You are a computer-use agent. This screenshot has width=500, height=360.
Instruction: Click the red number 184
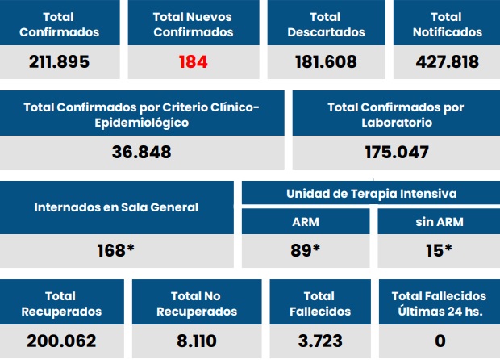[191, 61]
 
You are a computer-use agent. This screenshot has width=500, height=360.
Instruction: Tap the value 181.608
[327, 61]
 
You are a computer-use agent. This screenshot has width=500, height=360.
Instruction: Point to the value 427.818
[447, 61]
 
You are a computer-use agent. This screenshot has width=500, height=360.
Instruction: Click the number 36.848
[142, 152]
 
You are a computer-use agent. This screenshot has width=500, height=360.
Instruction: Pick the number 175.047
[396, 152]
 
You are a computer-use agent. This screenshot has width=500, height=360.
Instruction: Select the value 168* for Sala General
[115, 250]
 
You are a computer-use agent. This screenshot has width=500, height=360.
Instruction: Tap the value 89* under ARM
[306, 250]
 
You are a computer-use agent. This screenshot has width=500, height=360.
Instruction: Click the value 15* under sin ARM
[439, 250]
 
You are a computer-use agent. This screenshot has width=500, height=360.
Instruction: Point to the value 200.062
[62, 341]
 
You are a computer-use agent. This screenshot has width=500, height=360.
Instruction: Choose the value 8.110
[196, 341]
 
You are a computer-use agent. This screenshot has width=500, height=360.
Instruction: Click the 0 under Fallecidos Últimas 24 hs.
[440, 341]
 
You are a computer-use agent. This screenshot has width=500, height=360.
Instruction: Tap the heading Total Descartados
[327, 24]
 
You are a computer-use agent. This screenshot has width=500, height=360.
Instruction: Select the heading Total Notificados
[447, 24]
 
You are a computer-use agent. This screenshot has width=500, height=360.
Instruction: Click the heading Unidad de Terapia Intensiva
[371, 194]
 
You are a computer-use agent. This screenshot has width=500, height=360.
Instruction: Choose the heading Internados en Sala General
[116, 207]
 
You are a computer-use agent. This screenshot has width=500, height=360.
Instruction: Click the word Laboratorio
[396, 123]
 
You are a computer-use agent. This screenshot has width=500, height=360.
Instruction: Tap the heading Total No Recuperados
[196, 303]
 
